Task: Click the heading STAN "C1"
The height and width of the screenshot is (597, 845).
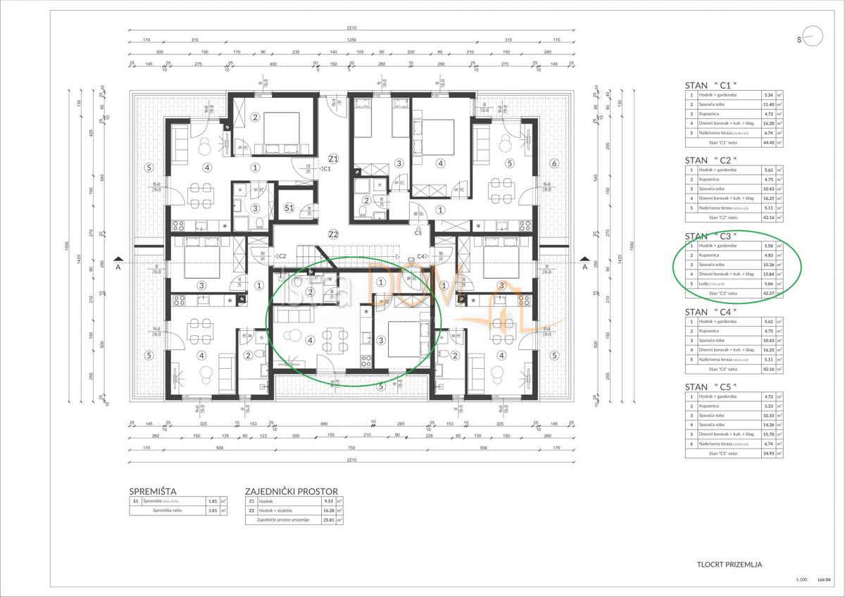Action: (x=711, y=86)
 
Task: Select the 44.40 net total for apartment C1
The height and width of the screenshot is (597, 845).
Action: (x=767, y=142)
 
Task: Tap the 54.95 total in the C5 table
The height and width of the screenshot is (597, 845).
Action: (x=767, y=454)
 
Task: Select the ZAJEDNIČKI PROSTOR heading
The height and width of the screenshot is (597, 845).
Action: (x=291, y=491)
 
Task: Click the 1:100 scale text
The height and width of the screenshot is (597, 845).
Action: (x=801, y=580)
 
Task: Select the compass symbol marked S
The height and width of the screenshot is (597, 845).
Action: (x=810, y=39)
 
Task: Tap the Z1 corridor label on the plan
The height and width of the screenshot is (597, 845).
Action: (x=333, y=158)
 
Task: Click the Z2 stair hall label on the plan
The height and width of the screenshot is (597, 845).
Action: (x=333, y=234)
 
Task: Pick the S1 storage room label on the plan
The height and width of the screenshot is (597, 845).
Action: (x=289, y=208)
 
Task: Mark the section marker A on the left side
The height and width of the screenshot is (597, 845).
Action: (x=119, y=267)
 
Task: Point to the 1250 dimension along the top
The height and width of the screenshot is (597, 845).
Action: (x=350, y=40)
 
